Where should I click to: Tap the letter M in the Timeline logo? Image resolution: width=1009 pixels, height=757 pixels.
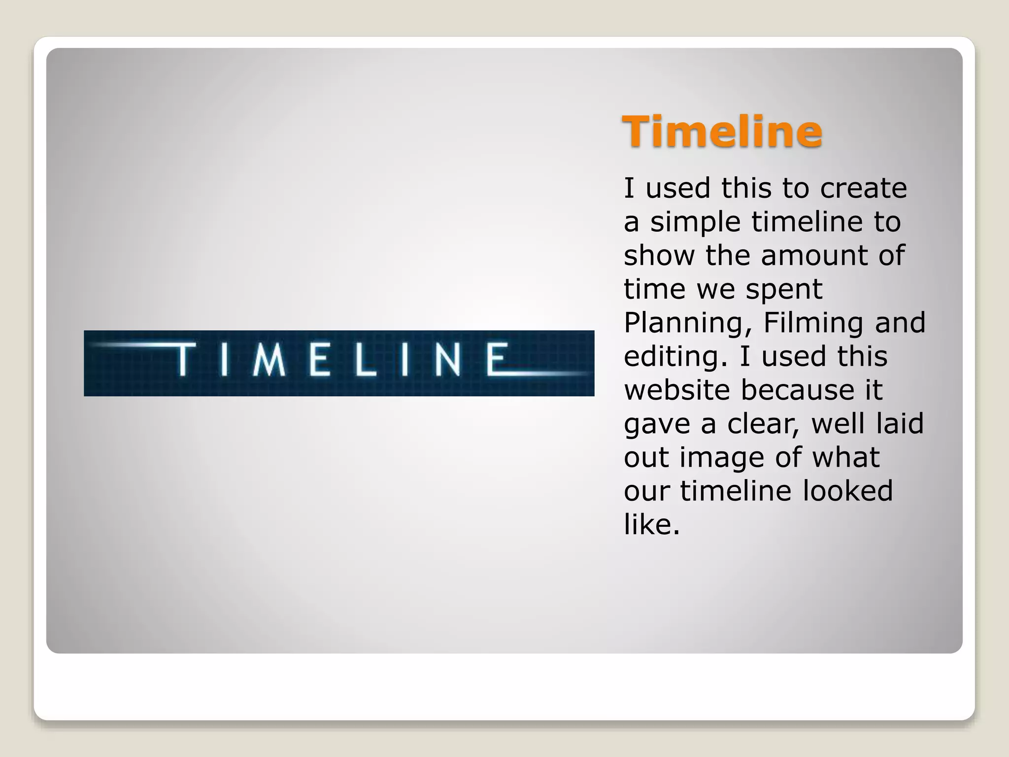(269, 359)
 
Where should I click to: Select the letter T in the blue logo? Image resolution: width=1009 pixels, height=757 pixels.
(183, 359)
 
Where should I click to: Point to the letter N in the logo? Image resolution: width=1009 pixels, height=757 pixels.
(447, 359)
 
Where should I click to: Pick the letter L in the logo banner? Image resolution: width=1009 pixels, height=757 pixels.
(365, 359)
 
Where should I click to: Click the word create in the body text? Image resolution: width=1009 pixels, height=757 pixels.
(863, 188)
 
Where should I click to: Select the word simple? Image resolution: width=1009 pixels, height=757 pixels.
(695, 222)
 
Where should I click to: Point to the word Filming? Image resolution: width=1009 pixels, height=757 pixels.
(813, 323)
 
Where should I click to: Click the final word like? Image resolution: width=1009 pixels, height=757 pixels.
(651, 524)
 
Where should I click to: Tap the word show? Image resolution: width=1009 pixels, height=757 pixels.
(659, 255)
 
